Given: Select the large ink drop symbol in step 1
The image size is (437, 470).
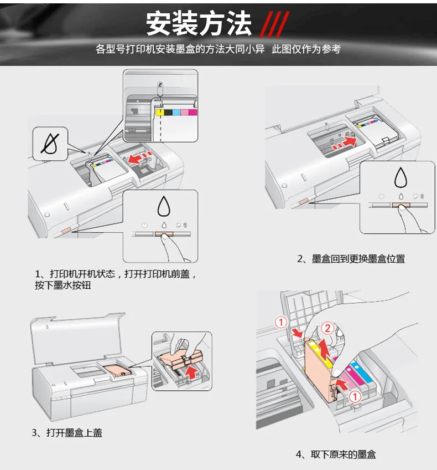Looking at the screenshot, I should point(163,206).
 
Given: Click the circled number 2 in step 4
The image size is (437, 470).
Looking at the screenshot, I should point(327,328).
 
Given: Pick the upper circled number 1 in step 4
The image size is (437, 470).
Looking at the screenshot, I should point(281,321).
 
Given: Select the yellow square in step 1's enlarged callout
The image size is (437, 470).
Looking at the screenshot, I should point(159,112).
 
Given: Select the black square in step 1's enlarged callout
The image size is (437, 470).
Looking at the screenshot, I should point(167,112).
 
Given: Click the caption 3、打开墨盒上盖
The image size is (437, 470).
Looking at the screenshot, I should point(66,432).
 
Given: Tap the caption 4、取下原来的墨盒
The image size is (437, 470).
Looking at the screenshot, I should point(336,454).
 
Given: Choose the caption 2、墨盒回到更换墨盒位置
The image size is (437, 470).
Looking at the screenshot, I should point(351,259).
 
